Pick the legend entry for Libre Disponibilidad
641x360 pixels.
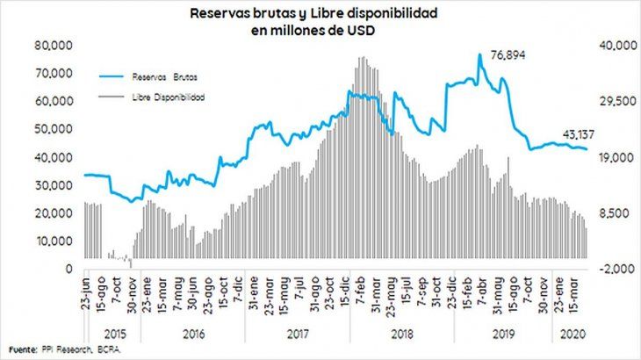tap(169, 97)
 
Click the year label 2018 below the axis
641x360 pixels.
tap(402, 335)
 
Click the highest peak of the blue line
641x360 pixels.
tap(480, 54)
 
